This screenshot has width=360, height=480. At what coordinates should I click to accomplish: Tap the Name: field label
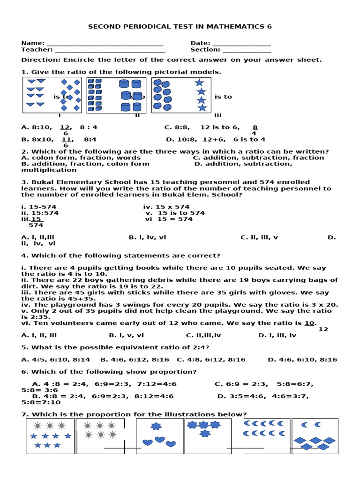(33, 43)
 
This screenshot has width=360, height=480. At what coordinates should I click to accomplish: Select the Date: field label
(200, 43)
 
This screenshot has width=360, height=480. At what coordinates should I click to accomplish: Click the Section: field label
(205, 50)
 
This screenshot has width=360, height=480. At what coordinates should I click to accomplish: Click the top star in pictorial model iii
(200, 82)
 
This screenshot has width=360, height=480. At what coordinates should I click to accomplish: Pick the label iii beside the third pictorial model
(218, 115)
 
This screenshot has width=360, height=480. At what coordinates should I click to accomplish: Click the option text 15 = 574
(175, 219)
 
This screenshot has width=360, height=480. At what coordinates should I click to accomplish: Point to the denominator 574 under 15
(36, 225)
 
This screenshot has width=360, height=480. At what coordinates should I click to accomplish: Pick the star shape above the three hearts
(156, 426)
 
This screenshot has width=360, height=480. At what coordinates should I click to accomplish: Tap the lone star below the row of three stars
(205, 434)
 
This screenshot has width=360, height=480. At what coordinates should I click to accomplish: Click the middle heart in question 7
(160, 440)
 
